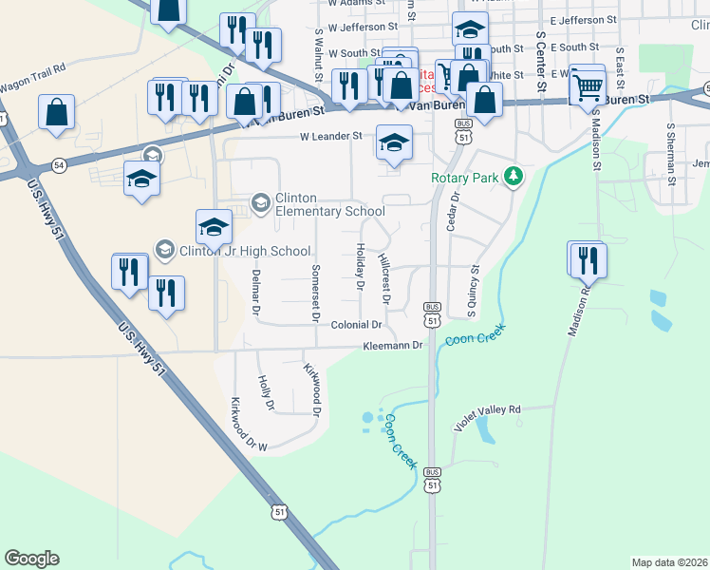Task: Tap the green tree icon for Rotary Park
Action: (x=514, y=176)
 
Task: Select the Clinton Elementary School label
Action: (x=328, y=204)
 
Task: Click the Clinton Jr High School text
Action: (x=245, y=251)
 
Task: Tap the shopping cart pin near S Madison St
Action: (x=589, y=87)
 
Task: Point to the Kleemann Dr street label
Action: (x=391, y=345)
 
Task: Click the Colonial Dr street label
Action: (x=356, y=325)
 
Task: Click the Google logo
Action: (x=31, y=559)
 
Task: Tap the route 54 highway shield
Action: (x=58, y=165)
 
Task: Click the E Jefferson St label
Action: (x=583, y=19)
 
